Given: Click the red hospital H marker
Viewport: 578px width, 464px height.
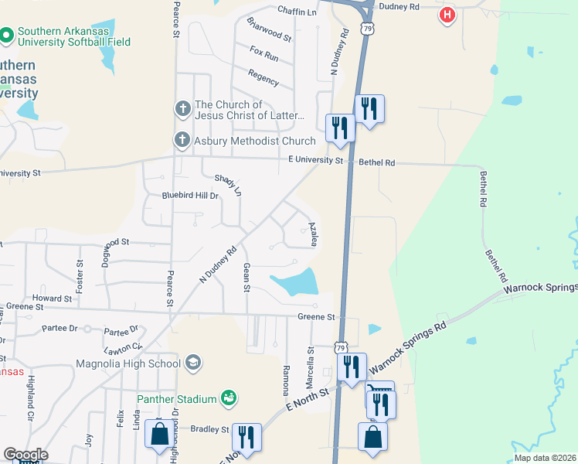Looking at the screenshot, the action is (447, 15).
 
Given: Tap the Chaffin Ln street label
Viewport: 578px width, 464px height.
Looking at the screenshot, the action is (297, 12).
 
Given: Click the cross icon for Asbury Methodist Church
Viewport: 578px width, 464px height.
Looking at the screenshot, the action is (182, 140).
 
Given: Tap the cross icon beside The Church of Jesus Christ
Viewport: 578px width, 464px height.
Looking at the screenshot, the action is (182, 108).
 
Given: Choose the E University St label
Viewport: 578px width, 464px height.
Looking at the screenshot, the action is (314, 161).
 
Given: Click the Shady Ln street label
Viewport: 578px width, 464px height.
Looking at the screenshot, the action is (228, 185).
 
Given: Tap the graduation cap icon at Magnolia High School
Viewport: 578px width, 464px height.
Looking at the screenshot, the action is (192, 362).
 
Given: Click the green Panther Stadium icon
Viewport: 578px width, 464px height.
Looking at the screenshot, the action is (228, 398).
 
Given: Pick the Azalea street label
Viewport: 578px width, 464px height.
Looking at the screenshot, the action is (314, 234).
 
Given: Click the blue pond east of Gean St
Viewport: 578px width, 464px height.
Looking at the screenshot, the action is (297, 282).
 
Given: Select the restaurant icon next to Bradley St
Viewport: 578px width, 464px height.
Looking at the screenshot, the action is (246, 437).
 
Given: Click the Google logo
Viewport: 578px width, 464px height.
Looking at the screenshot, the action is (25, 455).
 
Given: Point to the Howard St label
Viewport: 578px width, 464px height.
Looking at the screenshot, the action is (52, 298).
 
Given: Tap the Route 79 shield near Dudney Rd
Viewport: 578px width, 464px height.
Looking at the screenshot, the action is (367, 29).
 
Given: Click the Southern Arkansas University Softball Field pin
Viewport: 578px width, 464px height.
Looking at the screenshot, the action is (7, 36).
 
